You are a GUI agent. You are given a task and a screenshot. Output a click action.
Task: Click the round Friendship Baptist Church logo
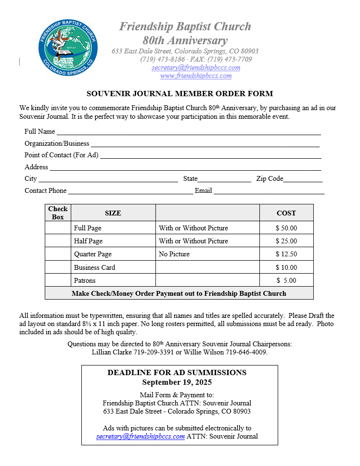(68, 48)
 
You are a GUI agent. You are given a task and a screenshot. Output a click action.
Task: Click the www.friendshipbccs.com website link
(196, 76)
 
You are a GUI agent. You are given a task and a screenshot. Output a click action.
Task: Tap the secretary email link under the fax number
(196, 68)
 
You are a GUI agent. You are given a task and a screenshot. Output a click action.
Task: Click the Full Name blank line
(188, 132)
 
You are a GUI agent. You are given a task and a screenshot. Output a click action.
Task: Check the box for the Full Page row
(58, 228)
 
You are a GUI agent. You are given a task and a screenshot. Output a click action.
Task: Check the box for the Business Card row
(58, 267)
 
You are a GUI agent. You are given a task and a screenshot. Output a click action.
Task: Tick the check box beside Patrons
(58, 280)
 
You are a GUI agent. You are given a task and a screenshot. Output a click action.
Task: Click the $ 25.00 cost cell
(286, 241)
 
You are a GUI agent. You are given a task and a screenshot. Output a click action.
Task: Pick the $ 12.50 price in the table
(286, 254)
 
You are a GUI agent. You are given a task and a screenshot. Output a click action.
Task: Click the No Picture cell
(174, 254)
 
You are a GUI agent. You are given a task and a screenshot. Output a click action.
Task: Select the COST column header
(286, 213)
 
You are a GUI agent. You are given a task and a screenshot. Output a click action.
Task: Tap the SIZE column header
(113, 213)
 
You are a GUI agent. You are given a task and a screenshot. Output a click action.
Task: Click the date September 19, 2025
(177, 383)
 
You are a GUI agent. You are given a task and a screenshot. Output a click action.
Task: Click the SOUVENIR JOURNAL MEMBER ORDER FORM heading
(180, 94)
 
